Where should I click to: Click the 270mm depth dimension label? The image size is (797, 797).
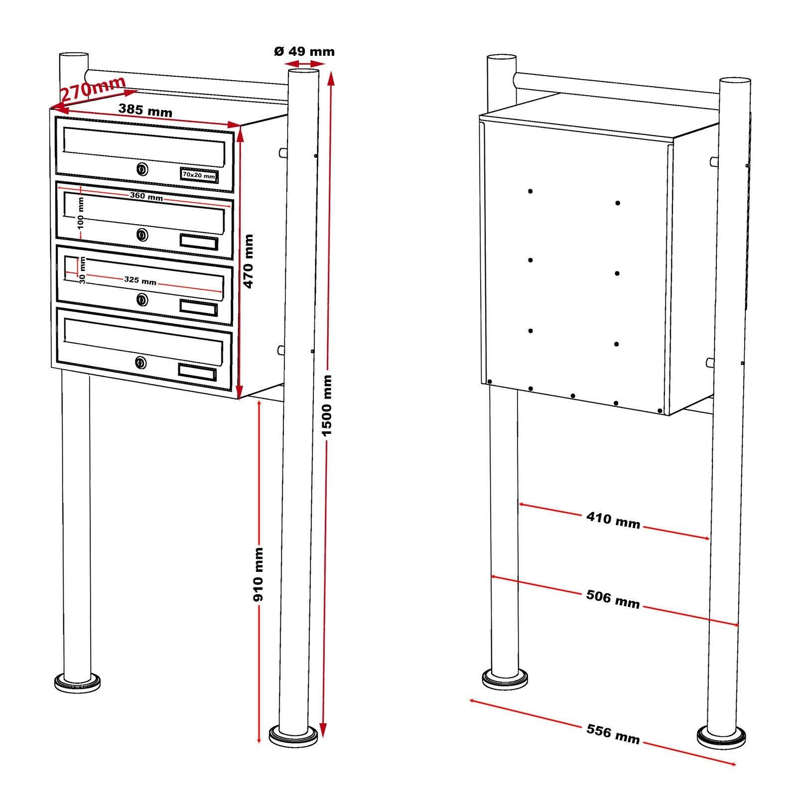click(93, 89)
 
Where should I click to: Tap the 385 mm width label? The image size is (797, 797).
click(145, 110)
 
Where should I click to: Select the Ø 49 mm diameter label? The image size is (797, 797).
click(304, 51)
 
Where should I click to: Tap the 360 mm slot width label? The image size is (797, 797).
click(146, 196)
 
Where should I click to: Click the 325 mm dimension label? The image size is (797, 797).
click(140, 280)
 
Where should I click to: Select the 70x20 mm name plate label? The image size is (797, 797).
click(199, 175)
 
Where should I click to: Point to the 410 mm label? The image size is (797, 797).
click(613, 520)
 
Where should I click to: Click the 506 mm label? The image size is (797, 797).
click(613, 599)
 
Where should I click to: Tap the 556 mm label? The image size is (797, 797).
click(613, 734)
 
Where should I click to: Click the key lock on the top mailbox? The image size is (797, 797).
click(142, 170)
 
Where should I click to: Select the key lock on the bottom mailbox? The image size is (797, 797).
click(141, 362)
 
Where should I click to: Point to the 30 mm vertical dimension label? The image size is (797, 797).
click(83, 270)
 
